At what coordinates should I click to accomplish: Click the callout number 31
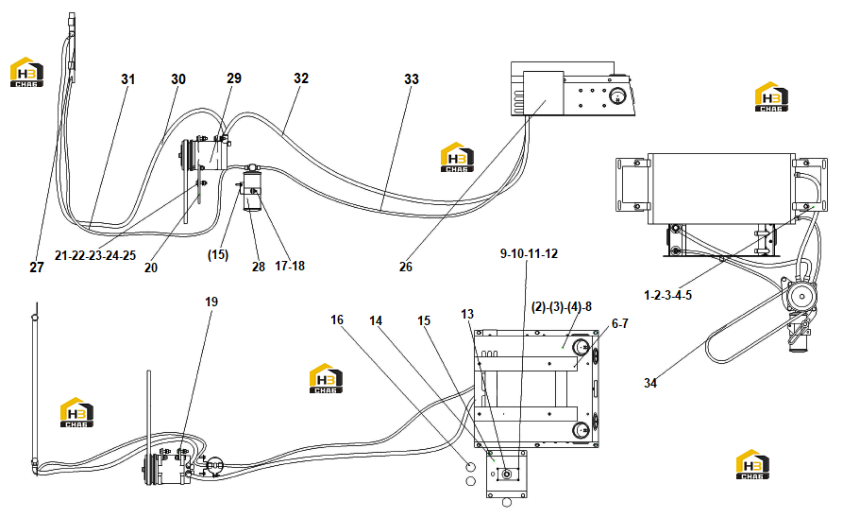(128, 79)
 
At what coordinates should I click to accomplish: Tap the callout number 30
(178, 79)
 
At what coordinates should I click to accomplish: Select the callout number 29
(234, 78)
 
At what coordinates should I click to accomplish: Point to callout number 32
(301, 78)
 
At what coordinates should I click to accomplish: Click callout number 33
(412, 79)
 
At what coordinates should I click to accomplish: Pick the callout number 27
(37, 268)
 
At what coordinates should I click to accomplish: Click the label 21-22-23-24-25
(95, 256)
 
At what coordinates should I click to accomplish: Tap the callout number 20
(151, 268)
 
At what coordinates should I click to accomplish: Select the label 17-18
(290, 266)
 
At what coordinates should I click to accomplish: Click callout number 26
(406, 268)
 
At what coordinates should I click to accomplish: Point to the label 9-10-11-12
(529, 253)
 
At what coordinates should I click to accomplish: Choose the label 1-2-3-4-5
(667, 296)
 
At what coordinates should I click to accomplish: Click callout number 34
(650, 384)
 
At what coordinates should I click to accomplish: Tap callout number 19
(211, 302)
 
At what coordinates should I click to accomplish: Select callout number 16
(337, 320)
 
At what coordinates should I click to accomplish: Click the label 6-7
(620, 323)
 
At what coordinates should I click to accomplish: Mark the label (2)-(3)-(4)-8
(562, 307)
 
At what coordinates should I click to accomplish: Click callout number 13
(467, 314)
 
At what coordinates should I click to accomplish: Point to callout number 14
(376, 321)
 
